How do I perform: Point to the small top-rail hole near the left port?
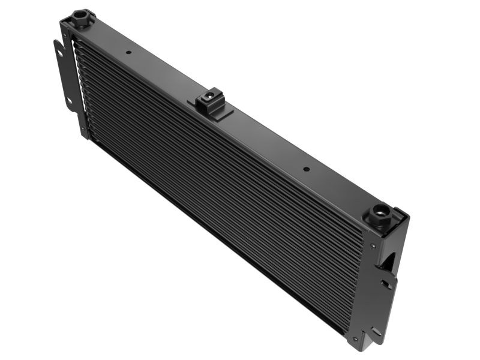point(128,52)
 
